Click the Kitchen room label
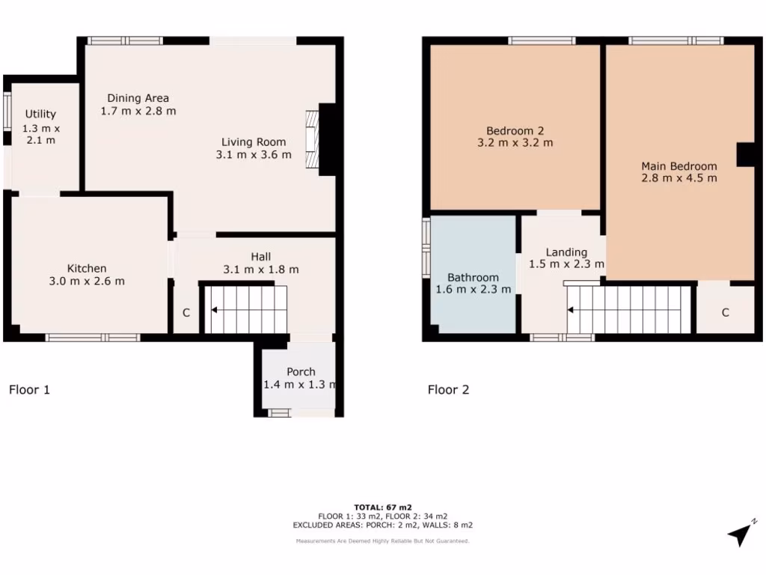87,268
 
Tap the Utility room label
40,114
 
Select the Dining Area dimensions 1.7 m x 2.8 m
138,111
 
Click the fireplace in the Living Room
312,140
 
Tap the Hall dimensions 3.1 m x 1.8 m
261,270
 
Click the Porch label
301,371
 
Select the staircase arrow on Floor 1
215,309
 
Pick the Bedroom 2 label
515,129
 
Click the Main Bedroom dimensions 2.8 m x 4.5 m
678,178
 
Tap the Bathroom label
473,277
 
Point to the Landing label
566,252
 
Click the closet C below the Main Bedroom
725,313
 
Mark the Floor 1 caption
29,389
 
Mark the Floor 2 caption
448,389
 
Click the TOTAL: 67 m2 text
383,507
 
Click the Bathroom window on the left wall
426,248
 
